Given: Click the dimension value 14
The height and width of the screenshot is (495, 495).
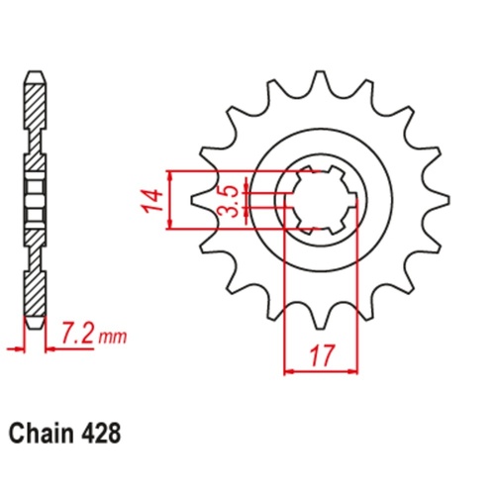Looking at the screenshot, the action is point(152,200).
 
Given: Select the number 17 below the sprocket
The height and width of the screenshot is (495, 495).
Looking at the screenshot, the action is point(321,355).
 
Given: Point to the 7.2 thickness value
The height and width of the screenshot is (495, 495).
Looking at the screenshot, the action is point(77,336).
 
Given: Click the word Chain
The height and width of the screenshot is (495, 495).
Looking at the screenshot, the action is point(41,434).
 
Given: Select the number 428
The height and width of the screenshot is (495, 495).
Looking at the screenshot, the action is point(100,434).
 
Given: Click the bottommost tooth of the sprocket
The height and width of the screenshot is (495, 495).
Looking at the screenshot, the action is point(319,318).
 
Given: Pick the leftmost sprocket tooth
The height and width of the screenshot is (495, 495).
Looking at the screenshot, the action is point(201,200).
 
